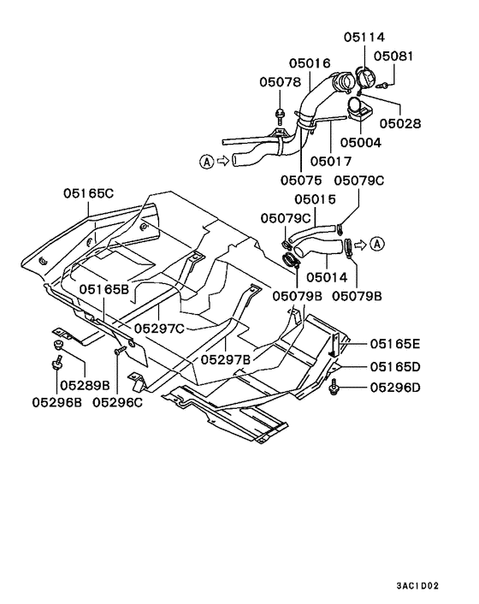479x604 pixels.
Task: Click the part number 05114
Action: click(x=364, y=38)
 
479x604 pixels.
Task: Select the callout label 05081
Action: click(x=393, y=57)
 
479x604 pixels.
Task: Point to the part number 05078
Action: click(x=280, y=82)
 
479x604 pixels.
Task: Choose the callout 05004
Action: click(x=360, y=143)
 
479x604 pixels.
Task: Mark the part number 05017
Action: click(x=330, y=160)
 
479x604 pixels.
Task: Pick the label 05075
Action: click(x=302, y=180)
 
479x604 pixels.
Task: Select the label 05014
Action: click(x=326, y=277)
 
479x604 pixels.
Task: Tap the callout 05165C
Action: click(x=89, y=193)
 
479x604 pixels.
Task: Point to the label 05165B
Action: click(x=104, y=289)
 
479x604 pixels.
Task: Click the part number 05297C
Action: click(x=160, y=327)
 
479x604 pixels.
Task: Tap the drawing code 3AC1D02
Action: click(x=417, y=586)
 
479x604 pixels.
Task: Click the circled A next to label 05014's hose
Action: click(x=377, y=246)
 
